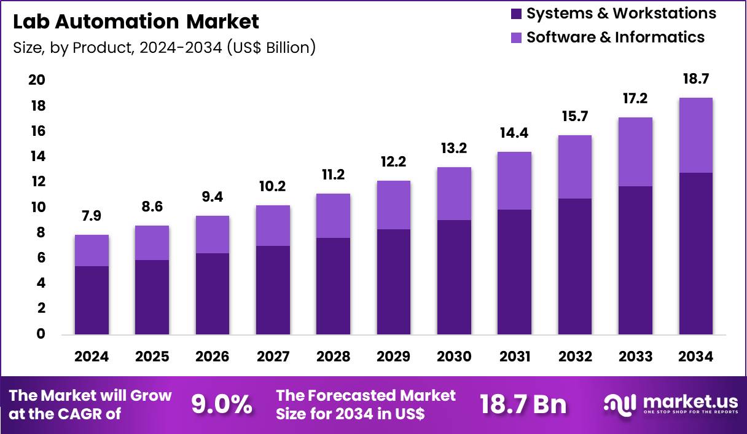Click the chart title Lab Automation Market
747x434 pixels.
[136, 22]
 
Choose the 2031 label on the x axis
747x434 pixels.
[515, 357]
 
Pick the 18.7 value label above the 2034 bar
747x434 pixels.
[696, 79]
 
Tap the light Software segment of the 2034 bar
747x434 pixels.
[696, 135]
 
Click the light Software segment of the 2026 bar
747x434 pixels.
[212, 234]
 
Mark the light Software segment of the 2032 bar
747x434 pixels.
[575, 167]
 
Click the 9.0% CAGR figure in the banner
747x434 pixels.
[222, 404]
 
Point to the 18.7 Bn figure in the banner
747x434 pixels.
[523, 404]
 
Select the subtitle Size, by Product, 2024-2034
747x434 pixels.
[164, 47]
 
